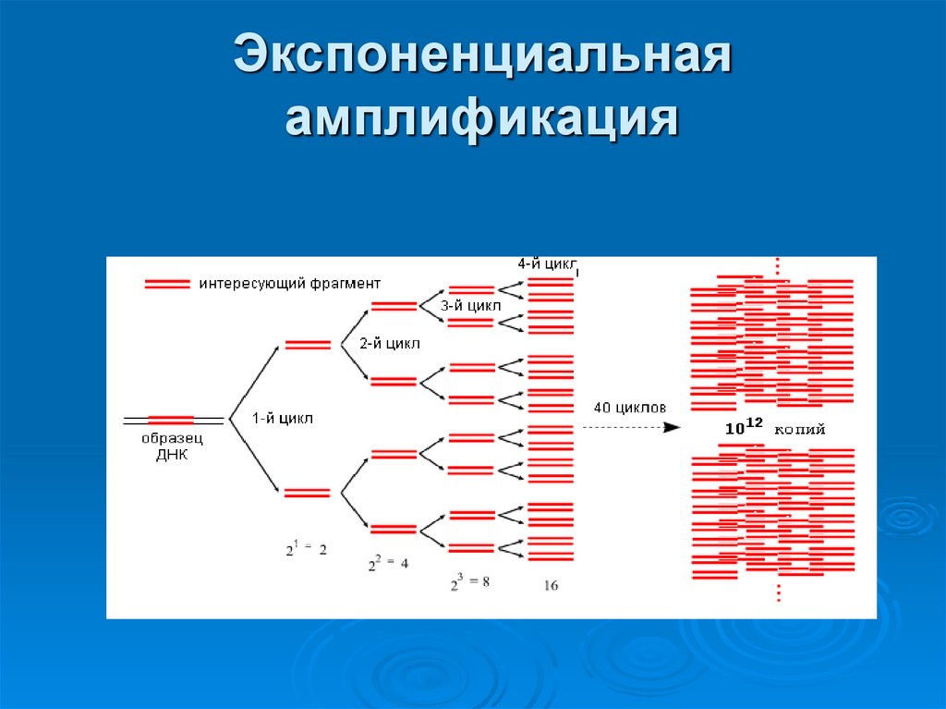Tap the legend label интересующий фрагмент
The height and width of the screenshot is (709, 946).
click(289, 283)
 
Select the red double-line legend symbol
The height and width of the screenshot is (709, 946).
click(167, 284)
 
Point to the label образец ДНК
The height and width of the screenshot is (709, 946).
click(172, 446)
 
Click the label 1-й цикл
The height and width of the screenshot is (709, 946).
click(283, 418)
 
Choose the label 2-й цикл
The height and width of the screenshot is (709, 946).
click(390, 343)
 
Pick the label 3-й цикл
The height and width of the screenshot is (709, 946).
click(471, 305)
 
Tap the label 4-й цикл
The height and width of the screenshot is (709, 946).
click(548, 264)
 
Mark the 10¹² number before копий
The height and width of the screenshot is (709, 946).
click(744, 428)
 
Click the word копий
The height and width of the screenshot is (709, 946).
click(799, 430)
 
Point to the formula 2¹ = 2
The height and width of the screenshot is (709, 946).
click(305, 547)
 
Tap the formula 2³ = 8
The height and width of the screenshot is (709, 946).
click(469, 581)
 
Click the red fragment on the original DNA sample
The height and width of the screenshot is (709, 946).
click(171, 420)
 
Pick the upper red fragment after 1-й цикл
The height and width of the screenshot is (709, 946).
click(308, 345)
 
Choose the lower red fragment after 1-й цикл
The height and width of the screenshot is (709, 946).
click(308, 493)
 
